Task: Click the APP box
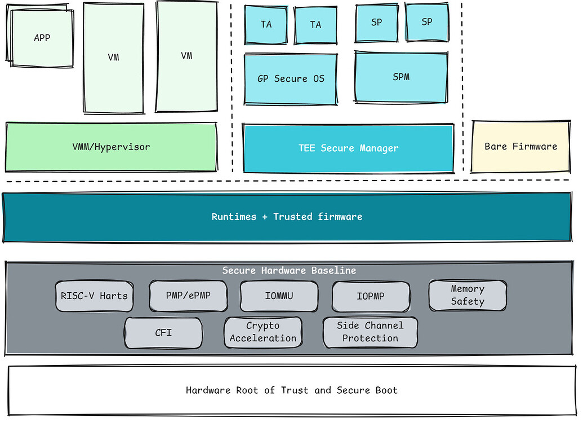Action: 42,38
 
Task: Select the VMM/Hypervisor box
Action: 111,147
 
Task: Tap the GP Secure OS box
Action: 291,79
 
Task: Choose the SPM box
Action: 401,77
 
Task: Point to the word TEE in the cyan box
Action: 307,148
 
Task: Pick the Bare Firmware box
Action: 520,146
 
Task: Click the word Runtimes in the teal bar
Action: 234,217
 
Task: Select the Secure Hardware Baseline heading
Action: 289,271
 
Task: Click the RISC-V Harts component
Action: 94,296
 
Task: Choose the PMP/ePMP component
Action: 188,296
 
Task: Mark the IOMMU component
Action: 279,296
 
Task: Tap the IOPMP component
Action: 370,296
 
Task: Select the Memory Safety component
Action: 468,295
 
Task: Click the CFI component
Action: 163,332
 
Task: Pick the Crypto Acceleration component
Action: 262,332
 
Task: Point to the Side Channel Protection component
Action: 370,332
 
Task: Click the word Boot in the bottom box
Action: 384,390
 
